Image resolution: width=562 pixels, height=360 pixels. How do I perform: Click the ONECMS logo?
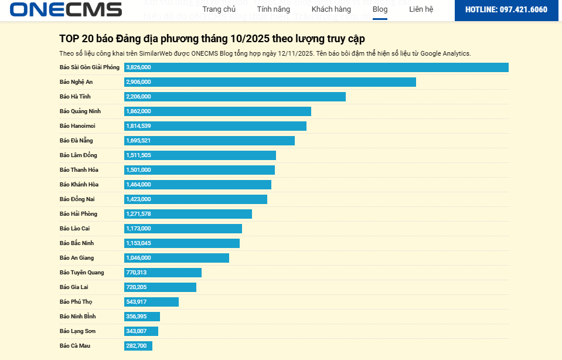click(66, 9)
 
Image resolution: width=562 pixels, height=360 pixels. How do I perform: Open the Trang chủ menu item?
click(219, 9)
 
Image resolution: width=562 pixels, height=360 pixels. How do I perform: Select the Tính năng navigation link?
click(273, 9)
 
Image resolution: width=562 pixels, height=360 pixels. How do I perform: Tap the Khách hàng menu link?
click(331, 9)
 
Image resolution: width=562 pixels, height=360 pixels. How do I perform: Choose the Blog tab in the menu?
click(380, 9)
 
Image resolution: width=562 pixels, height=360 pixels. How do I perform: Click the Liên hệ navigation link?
click(421, 9)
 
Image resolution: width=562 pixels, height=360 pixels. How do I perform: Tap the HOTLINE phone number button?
click(506, 10)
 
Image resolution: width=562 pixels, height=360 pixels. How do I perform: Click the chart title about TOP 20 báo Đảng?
click(212, 39)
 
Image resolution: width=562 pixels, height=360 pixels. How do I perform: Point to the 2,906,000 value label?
click(138, 82)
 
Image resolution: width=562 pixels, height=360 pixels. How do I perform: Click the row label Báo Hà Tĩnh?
click(75, 97)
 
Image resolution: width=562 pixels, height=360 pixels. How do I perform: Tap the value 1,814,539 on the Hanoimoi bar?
click(138, 126)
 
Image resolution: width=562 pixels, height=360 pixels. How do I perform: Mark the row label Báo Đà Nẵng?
click(76, 141)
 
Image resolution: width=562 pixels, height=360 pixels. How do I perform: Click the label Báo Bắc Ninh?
click(77, 243)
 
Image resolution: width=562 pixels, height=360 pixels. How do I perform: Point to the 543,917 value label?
click(137, 302)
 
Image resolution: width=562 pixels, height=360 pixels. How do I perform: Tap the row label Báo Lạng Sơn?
click(77, 331)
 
